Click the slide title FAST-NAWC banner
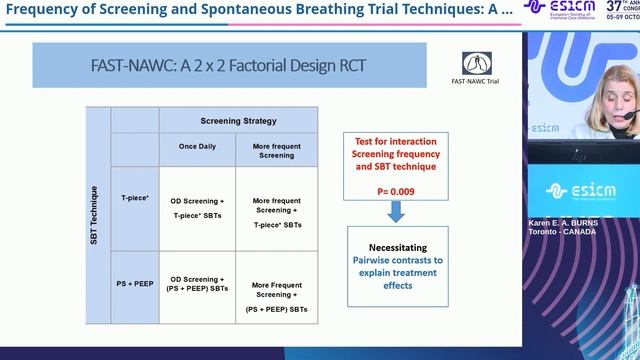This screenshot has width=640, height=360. (x=215, y=67)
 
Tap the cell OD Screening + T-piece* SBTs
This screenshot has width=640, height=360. (x=198, y=207)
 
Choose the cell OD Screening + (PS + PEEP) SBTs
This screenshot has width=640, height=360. (x=198, y=285)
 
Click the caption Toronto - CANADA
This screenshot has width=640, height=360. (x=561, y=232)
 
